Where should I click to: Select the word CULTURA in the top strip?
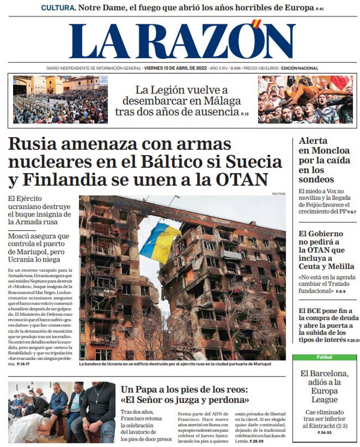(58, 8)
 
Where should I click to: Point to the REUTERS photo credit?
(279, 193)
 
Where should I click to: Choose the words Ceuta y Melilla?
(326, 266)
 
